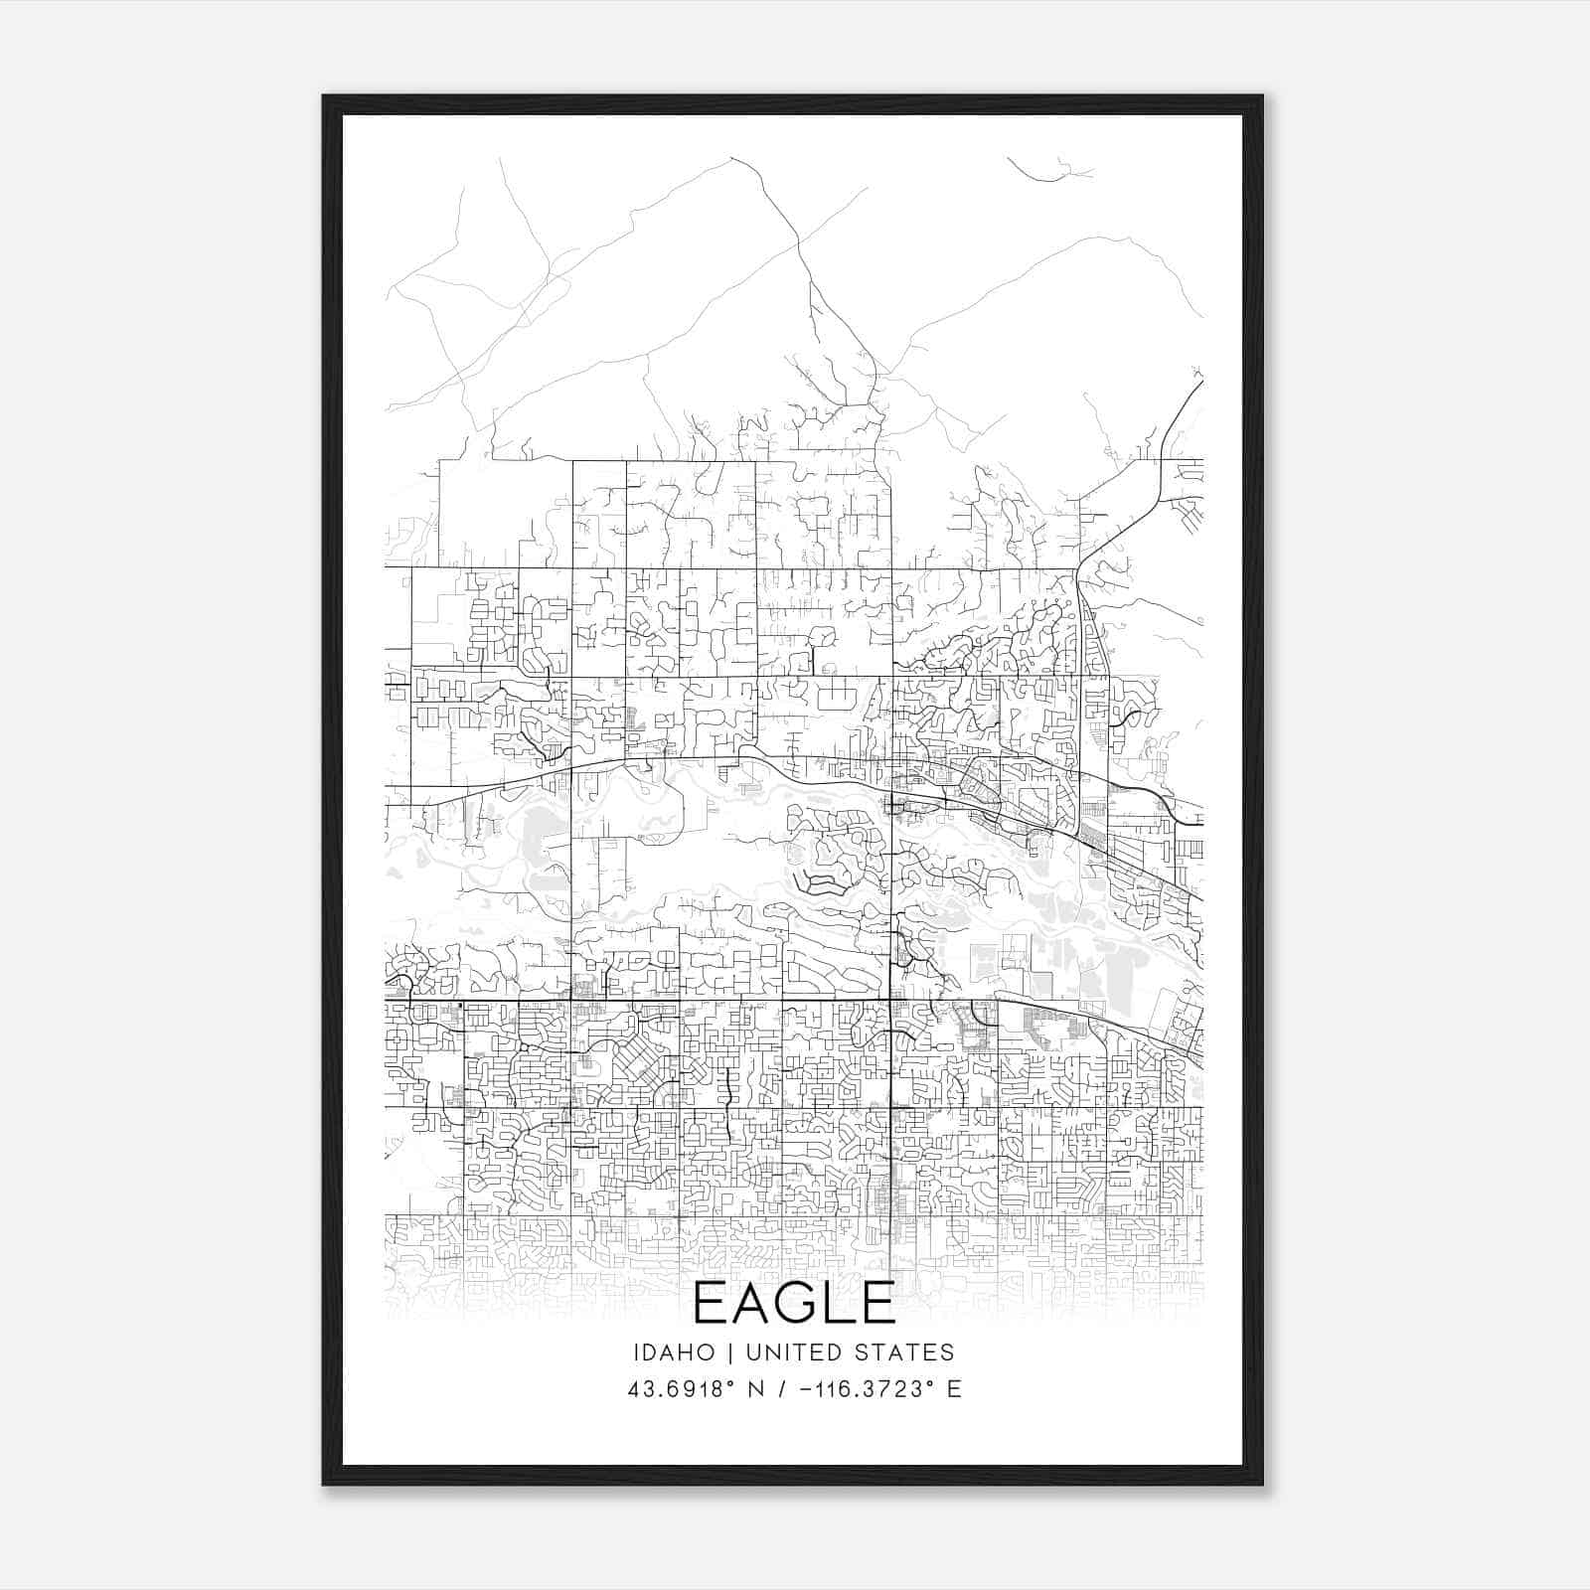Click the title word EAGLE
point(794,1303)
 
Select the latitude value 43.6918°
point(682,1389)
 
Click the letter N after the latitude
point(756,1389)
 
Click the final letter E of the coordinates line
point(955,1389)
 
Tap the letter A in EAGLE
point(751,1303)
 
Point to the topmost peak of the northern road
point(732,158)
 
